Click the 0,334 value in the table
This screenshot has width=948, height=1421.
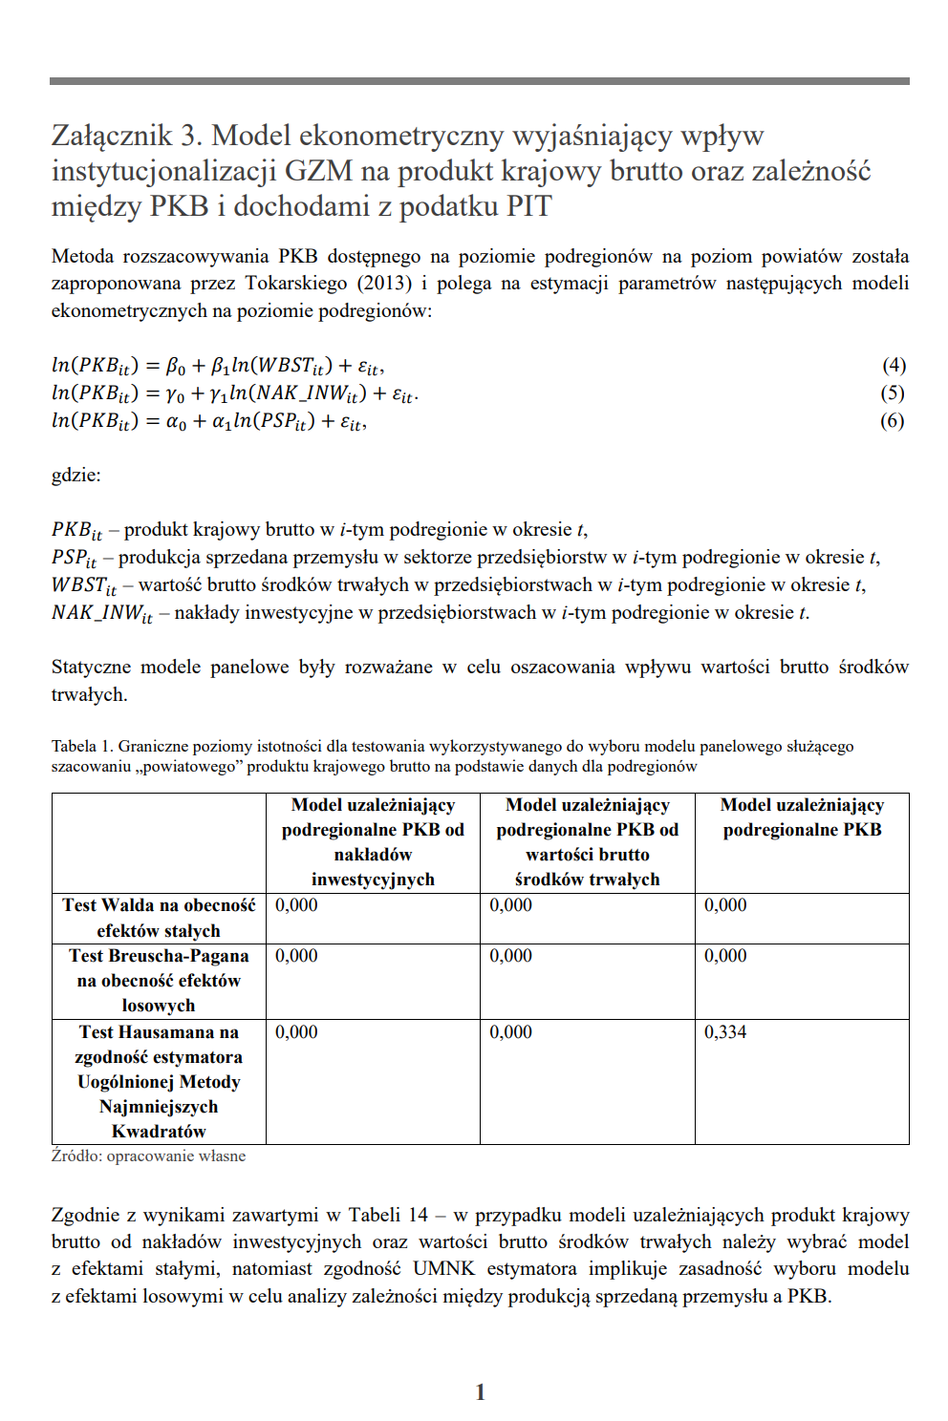point(725,1031)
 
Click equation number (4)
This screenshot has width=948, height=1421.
point(894,365)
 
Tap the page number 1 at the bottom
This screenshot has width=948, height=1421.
point(480,1391)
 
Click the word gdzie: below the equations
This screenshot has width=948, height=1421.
point(75,475)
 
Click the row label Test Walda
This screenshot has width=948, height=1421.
point(159,917)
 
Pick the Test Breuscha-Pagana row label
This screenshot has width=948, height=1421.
point(159,980)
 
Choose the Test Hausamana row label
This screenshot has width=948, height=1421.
point(159,1081)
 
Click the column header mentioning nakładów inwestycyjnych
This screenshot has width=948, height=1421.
point(373,841)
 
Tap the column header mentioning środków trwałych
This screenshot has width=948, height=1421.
point(587,841)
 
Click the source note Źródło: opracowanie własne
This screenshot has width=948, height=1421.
point(148,1156)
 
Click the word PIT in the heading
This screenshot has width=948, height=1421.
point(528,206)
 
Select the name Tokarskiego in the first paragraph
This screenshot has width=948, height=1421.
point(295,283)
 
